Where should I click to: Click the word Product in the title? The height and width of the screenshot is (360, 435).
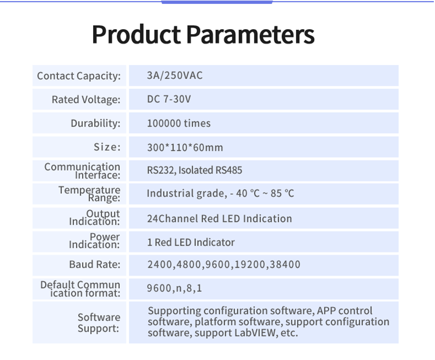136,34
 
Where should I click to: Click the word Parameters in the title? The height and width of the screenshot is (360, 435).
250,34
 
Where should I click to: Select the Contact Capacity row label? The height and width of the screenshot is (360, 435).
79,76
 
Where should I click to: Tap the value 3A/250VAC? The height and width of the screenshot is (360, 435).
175,75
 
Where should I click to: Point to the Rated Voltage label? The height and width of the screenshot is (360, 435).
86,100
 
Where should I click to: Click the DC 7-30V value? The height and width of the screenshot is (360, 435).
169,99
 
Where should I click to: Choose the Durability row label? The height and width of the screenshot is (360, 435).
95,123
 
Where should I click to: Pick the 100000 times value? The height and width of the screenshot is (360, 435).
178,123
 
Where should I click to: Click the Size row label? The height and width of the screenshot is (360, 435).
107,147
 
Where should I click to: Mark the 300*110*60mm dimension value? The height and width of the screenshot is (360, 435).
185,148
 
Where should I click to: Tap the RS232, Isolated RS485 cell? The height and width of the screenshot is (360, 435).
194,170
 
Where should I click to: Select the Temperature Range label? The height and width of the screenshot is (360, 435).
89,194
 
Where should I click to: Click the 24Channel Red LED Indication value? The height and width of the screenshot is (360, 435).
220,219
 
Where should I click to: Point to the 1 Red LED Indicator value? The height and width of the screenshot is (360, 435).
191,242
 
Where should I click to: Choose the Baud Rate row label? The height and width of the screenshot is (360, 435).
95,264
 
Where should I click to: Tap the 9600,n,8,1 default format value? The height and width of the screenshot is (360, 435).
174,288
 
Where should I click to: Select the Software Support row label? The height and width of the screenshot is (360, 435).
99,323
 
